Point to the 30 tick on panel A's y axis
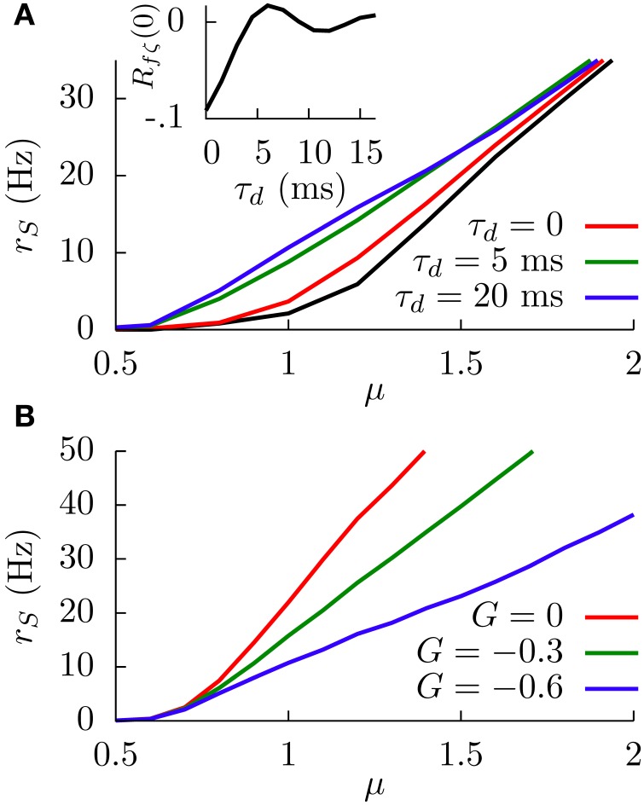[89, 98]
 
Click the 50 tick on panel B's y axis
[89, 452]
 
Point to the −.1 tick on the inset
[183, 119]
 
